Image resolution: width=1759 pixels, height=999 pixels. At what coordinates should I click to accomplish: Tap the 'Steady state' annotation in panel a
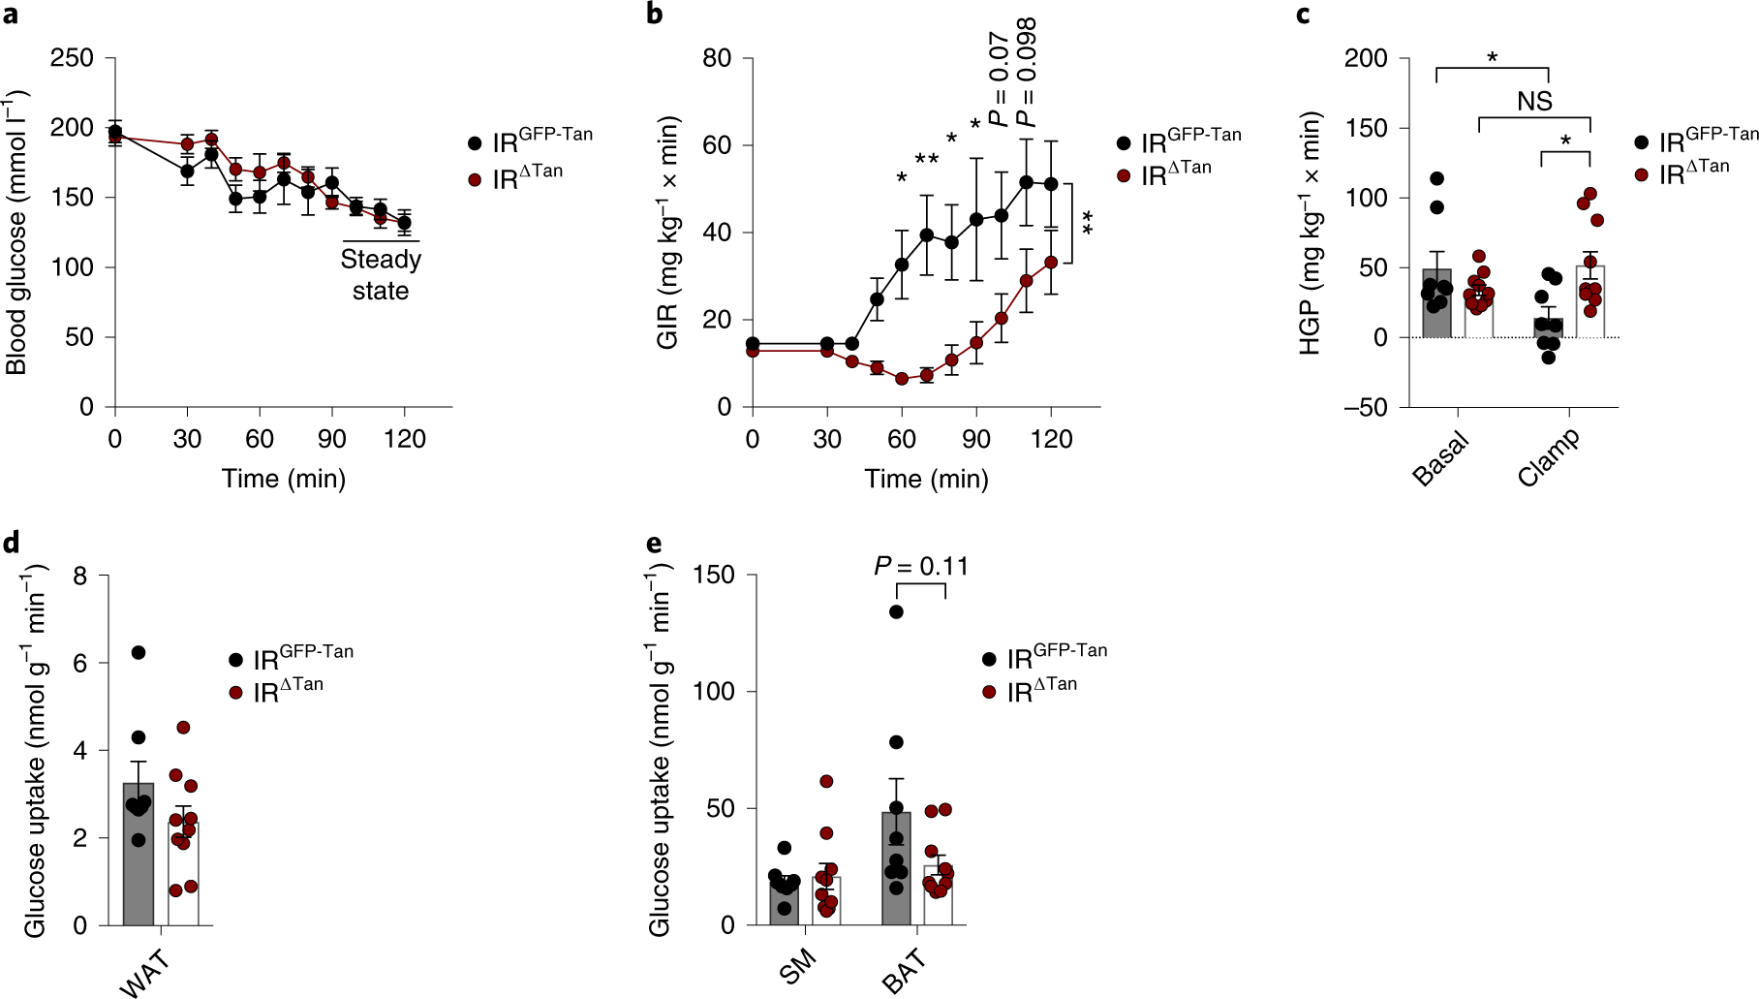[x=381, y=274]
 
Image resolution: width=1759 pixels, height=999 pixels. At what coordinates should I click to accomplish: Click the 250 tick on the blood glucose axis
[x=72, y=58]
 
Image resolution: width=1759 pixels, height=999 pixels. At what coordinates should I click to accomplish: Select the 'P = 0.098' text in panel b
[x=1028, y=73]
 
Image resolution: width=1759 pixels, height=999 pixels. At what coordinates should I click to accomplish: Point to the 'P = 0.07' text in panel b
[x=1000, y=80]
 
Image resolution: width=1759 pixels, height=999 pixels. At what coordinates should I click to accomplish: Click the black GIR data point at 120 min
[x=1051, y=184]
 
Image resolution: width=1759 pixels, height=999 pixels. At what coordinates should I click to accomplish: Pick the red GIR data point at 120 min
[x=1051, y=263]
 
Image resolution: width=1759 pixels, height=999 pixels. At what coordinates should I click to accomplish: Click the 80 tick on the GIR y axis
[x=716, y=58]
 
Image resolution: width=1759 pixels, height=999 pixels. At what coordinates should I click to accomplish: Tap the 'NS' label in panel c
[x=1534, y=101]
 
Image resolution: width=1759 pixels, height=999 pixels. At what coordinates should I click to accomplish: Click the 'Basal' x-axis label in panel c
[x=1440, y=458]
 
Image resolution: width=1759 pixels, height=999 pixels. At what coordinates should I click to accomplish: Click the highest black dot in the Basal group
[x=1437, y=179]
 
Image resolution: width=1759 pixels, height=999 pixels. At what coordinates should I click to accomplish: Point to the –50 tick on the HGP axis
[x=1366, y=407]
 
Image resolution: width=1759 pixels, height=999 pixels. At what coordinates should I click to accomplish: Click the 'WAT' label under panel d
[x=144, y=972]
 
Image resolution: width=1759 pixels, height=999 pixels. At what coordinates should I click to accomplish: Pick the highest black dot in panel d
[x=139, y=653]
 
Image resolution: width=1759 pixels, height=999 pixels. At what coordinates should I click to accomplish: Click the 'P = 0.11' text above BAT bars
[x=920, y=566]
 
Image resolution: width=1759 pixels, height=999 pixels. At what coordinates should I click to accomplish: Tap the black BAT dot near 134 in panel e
[x=896, y=611]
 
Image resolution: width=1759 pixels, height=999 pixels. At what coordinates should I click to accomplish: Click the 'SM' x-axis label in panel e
[x=797, y=967]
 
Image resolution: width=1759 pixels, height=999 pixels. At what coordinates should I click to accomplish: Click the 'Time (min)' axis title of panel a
[x=284, y=479]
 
